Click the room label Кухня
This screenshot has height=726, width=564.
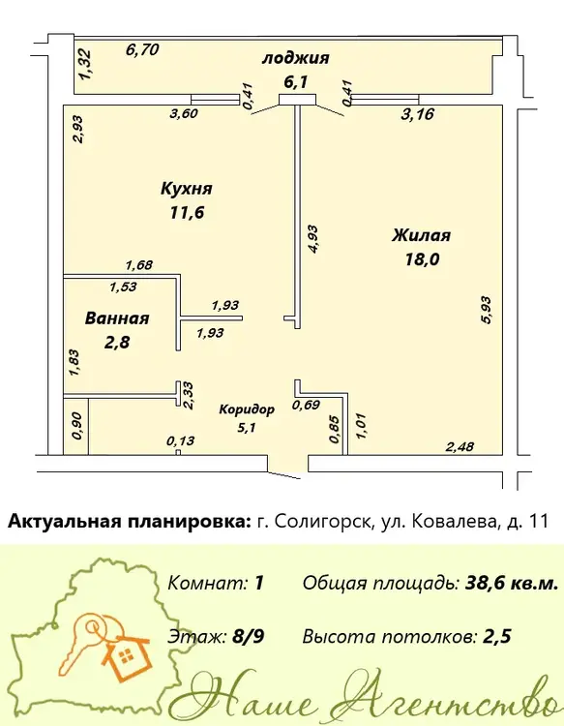pyautogui.click(x=187, y=189)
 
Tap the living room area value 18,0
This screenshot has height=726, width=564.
pyautogui.click(x=422, y=259)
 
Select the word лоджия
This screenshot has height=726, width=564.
pyautogui.click(x=296, y=59)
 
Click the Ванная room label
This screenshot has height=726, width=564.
pyautogui.click(x=117, y=318)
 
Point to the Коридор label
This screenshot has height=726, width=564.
pyautogui.click(x=247, y=409)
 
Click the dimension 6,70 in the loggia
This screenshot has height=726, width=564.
pyautogui.click(x=142, y=49)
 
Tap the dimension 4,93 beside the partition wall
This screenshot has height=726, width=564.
pyautogui.click(x=313, y=239)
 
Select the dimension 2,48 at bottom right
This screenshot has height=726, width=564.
pyautogui.click(x=460, y=447)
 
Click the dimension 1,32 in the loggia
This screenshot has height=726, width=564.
pyautogui.click(x=85, y=64)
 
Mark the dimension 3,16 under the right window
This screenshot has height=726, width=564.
pyautogui.click(x=418, y=114)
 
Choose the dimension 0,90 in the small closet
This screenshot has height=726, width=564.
pyautogui.click(x=77, y=426)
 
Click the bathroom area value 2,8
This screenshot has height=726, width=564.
pyautogui.click(x=117, y=342)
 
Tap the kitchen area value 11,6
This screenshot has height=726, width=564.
pyautogui.click(x=187, y=213)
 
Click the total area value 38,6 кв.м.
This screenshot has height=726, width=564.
pyautogui.click(x=511, y=584)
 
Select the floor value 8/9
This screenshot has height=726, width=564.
pyautogui.click(x=249, y=637)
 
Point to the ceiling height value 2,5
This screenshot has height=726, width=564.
pyautogui.click(x=497, y=637)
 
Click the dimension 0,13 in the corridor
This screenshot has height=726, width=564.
pyautogui.click(x=181, y=440)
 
